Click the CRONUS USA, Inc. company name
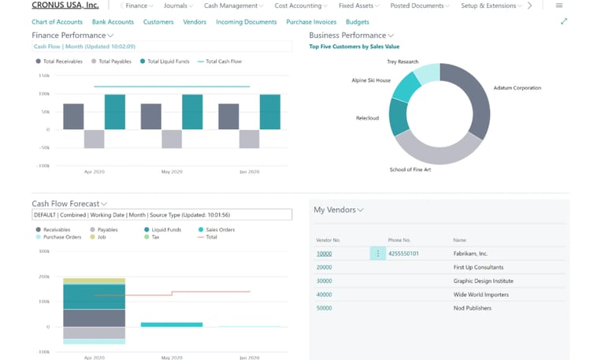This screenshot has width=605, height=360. (65, 6)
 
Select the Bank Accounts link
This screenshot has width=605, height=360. (113, 22)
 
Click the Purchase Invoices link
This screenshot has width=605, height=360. (311, 22)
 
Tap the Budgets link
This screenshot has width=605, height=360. (357, 22)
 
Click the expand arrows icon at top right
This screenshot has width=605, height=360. (563, 21)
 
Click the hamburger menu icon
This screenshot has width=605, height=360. (559, 6)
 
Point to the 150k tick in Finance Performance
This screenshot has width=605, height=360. (44, 76)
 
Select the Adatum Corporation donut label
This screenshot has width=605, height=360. (517, 88)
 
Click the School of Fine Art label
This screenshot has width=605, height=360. (409, 169)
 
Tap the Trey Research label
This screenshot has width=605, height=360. (403, 61)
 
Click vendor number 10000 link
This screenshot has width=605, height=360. (324, 254)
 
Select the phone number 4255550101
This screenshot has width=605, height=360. (404, 254)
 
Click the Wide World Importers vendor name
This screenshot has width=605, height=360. (481, 295)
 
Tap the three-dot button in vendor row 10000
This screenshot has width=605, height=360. (377, 254)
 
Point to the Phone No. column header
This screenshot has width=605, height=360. (399, 239)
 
